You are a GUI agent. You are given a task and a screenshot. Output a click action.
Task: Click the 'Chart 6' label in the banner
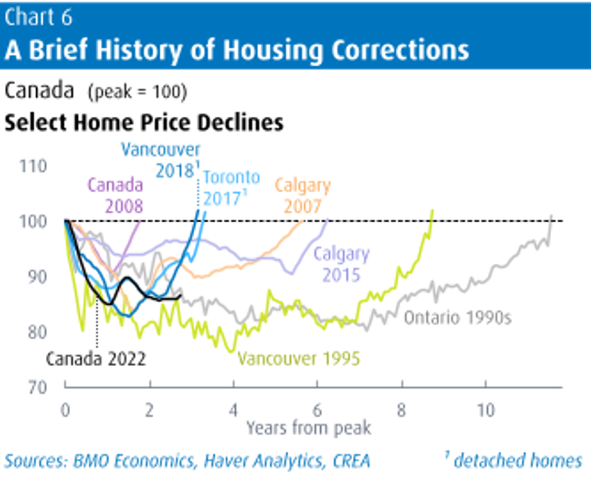[x=38, y=17]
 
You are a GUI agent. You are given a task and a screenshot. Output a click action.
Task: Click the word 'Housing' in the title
[x=273, y=51]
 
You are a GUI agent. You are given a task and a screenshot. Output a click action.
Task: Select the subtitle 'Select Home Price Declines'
[x=144, y=123]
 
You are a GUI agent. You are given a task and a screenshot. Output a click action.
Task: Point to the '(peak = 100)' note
[x=137, y=92]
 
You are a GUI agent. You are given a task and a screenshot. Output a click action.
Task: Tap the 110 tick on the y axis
[x=33, y=166]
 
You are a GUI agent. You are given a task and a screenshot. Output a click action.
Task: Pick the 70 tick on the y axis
[x=37, y=387]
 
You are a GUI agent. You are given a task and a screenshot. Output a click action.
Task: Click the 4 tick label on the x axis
[x=233, y=410]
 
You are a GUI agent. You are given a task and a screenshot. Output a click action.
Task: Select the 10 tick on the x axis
[x=485, y=410]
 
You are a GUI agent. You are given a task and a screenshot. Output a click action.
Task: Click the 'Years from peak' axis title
[x=309, y=428]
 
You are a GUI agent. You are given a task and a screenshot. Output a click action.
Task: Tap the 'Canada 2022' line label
[x=96, y=359]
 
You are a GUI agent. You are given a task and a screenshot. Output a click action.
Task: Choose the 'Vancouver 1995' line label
[x=299, y=358]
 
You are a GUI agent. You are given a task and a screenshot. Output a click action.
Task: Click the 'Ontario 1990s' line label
[x=458, y=318]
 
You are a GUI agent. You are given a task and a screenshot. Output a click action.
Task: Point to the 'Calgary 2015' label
[x=341, y=264]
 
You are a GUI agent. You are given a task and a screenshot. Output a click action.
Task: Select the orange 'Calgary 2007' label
[x=303, y=196]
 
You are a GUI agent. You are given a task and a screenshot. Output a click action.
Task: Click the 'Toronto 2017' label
[x=232, y=188]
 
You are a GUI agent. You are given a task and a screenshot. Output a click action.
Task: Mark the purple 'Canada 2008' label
[x=115, y=195]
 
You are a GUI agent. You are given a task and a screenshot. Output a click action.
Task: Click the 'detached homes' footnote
[x=514, y=460]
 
